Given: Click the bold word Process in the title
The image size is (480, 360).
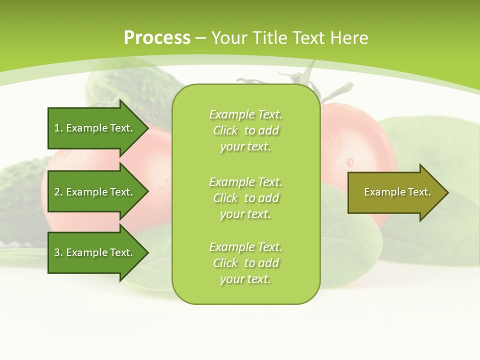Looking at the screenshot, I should coord(157,38).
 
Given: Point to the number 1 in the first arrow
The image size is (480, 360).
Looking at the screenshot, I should coord(57,128).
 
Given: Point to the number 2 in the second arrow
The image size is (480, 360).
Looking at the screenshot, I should coord(57,192).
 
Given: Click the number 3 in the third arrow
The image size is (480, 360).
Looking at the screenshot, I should coord(57,252).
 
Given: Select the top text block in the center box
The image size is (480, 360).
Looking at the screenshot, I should coord(245,130).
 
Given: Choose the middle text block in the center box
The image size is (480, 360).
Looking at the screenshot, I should coord(245,198).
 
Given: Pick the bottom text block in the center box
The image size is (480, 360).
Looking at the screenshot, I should coord(245,263).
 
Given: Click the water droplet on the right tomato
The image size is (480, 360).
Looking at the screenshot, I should coord(349,162).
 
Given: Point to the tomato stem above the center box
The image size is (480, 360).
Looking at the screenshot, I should coord(300,77).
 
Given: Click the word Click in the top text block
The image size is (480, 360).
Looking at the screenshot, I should coord(225,130).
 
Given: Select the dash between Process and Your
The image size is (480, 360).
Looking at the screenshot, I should coord(201,38).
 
